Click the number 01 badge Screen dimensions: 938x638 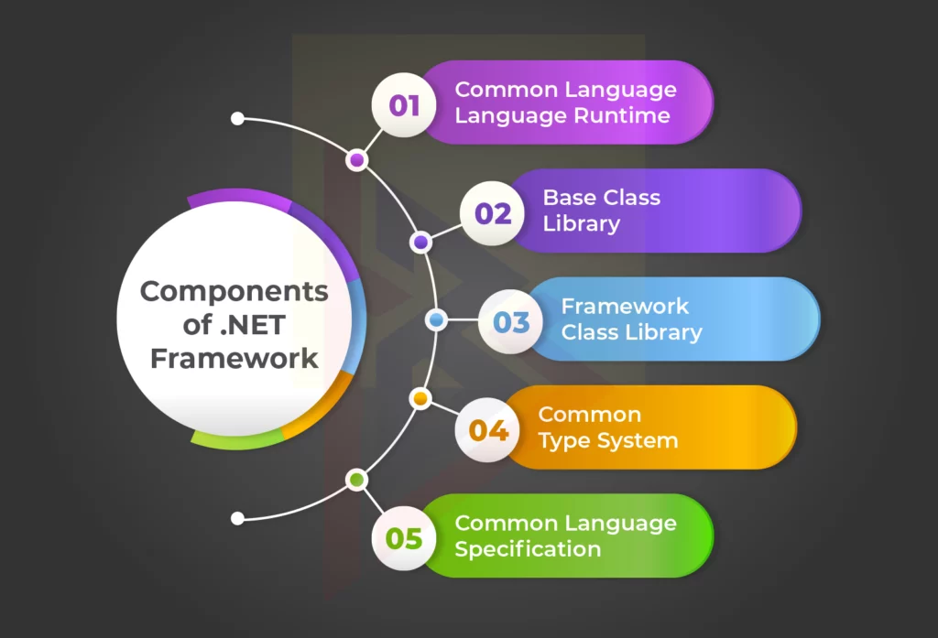click(x=404, y=105)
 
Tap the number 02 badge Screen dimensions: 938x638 click(x=492, y=213)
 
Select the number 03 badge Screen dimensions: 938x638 click(x=511, y=321)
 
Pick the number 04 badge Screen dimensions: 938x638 click(x=487, y=430)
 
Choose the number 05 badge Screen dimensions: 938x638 click(x=404, y=538)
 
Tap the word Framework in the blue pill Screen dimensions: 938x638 click(x=625, y=306)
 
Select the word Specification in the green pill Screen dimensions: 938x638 click(x=528, y=549)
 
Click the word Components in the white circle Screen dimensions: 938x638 click(x=234, y=292)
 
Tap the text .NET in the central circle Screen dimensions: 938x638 click(x=252, y=325)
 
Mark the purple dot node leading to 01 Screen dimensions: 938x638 click(x=356, y=160)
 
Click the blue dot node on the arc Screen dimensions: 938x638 click(x=436, y=319)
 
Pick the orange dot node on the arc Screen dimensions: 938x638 click(x=420, y=398)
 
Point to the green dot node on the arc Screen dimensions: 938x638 click(x=356, y=480)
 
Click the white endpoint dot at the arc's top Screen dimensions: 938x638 click(x=237, y=118)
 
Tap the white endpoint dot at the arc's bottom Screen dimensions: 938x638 click(x=237, y=518)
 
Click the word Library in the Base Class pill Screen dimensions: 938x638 click(x=582, y=224)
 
